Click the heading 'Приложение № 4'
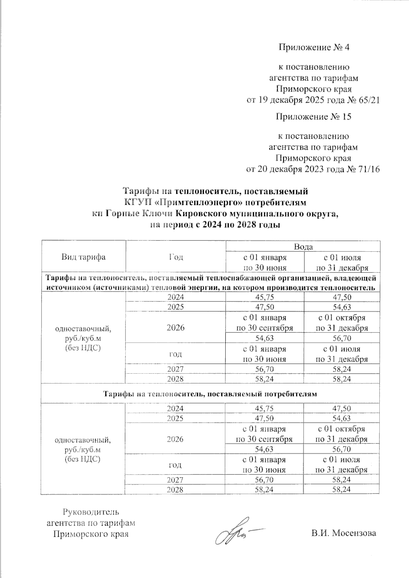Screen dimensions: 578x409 (314, 47)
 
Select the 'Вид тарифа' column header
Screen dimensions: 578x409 (84, 257)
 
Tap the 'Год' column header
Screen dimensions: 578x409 (176, 257)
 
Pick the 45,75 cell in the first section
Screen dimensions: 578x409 (264, 297)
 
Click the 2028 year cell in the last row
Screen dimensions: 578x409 (176, 490)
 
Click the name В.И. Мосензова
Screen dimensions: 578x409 (343, 533)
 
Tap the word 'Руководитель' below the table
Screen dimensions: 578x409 (91, 512)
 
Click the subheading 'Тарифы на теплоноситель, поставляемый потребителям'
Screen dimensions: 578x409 (210, 394)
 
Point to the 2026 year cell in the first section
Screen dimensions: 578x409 (176, 328)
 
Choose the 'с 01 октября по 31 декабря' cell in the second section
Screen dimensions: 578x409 (342, 434)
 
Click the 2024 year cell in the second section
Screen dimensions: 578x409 (176, 408)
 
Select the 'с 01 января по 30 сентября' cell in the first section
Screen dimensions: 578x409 (264, 323)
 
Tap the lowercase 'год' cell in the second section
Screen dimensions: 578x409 (176, 465)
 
